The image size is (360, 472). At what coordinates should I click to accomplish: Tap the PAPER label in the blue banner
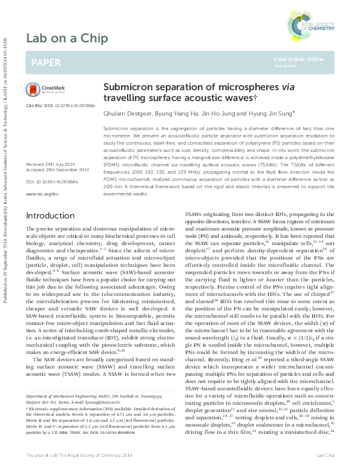(x=45, y=62)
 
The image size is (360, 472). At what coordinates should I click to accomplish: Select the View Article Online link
(x=298, y=59)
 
